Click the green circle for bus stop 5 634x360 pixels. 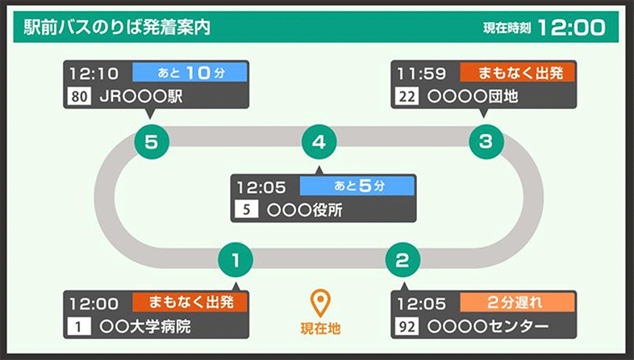point(152,141)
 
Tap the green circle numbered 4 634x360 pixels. point(319,141)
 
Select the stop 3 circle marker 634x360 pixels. point(486,141)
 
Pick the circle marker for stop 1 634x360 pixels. point(236,260)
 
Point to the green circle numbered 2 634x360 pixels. point(403,260)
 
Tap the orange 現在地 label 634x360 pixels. point(320,329)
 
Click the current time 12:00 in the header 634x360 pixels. point(571,27)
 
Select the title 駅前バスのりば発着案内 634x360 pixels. point(117,27)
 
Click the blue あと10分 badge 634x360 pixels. point(190,73)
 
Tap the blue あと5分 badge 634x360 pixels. point(357,186)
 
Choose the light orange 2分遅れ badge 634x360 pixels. point(517,303)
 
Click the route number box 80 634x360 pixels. point(79,97)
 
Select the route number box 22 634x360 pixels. point(407,97)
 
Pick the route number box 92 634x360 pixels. point(407,326)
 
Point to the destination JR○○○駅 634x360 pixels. point(140,97)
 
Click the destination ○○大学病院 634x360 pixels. point(144,327)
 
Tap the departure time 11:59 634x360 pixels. point(421,73)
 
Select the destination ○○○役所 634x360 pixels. point(304,210)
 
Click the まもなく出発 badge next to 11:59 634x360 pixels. point(517,73)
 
